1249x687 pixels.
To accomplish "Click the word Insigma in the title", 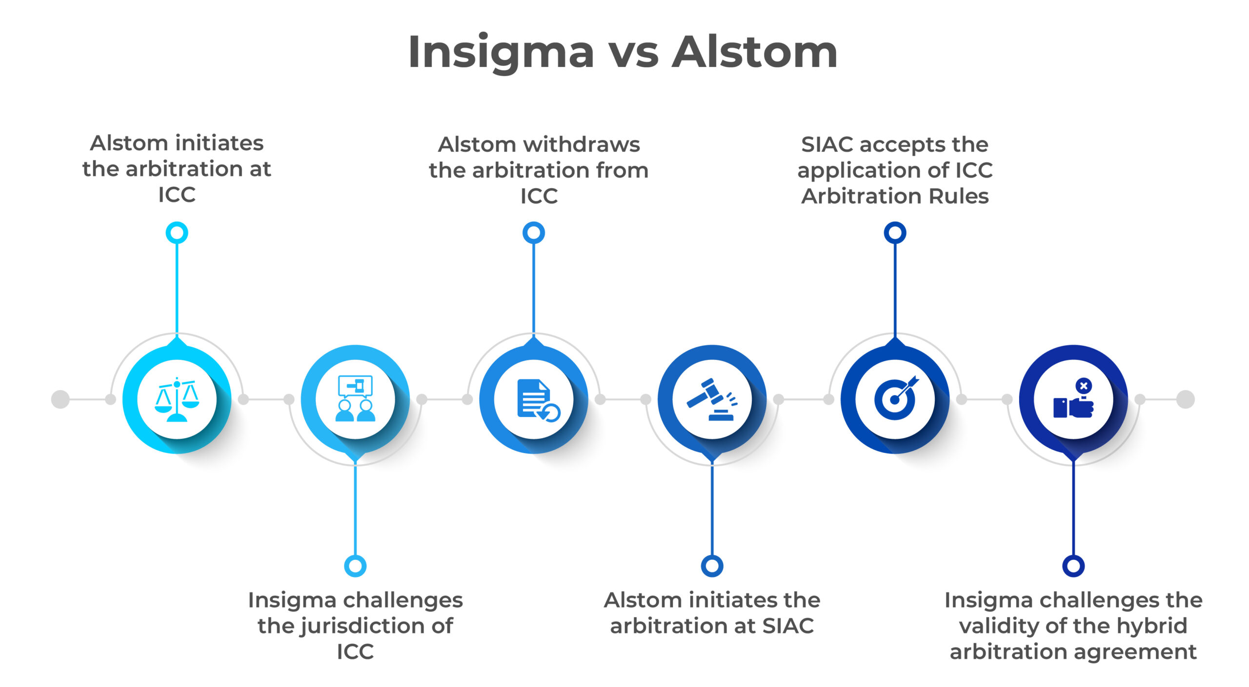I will [501, 53].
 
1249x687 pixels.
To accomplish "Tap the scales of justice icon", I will [177, 399].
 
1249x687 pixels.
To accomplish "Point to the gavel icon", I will [712, 399].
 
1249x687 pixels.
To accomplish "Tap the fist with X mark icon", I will [1073, 399].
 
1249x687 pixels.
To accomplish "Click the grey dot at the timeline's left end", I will [60, 399].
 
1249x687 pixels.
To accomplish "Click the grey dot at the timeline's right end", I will [1186, 399].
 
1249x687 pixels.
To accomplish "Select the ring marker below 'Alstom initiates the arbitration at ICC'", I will [177, 232].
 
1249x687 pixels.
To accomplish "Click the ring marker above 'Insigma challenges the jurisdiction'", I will [355, 566].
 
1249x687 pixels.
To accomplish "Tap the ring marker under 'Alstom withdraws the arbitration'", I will [534, 232].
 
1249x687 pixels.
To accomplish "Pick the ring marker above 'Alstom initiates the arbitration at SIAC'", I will [712, 566].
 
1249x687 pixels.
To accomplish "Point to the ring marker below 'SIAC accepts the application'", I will [895, 232].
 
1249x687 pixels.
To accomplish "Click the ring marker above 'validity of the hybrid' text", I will [1073, 566].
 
